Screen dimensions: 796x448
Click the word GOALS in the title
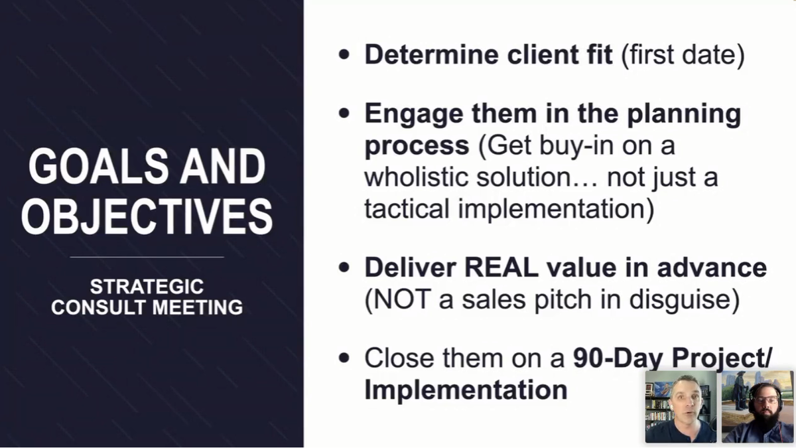coord(99,166)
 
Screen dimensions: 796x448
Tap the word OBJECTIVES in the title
coord(147,216)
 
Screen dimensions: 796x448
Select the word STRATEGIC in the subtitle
coord(147,286)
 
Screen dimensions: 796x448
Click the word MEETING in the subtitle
coord(198,307)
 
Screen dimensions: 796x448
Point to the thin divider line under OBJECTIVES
coord(147,257)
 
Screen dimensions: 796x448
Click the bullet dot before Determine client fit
coord(344,54)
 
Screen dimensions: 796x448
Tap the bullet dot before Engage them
coord(344,113)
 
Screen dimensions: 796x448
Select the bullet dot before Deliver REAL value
coord(344,267)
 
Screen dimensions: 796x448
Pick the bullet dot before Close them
coord(344,358)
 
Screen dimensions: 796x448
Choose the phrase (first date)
coord(683,55)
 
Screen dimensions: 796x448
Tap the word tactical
coord(407,208)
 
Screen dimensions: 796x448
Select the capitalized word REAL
coord(501,267)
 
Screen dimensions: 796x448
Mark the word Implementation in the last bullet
coord(466,390)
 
